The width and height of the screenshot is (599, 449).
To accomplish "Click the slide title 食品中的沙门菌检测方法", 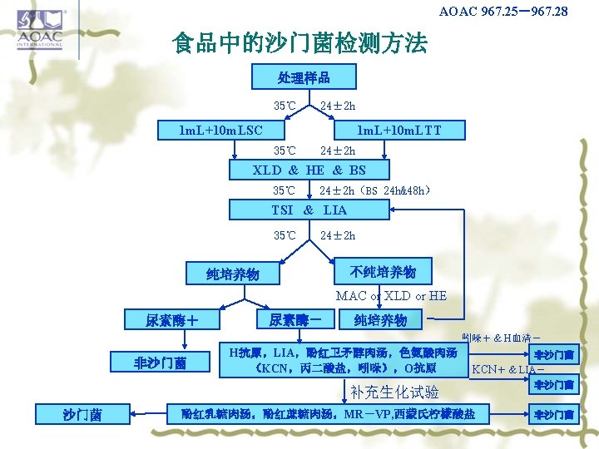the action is click(x=299, y=42).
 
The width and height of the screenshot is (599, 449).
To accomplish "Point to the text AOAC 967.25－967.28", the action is click(x=503, y=12).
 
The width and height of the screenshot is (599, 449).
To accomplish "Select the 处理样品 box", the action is click(x=304, y=78).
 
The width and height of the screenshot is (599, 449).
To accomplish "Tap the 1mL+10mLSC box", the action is click(x=222, y=130).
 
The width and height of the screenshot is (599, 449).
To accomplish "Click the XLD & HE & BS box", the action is click(x=309, y=170).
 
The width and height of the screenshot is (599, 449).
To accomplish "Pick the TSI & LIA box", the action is click(x=309, y=210).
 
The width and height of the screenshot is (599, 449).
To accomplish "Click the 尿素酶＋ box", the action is click(x=171, y=319).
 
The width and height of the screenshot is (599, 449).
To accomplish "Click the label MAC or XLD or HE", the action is click(x=391, y=296).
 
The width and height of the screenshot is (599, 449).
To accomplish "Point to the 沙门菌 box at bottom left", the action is click(x=82, y=414).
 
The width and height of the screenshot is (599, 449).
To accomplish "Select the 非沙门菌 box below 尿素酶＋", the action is click(x=161, y=362).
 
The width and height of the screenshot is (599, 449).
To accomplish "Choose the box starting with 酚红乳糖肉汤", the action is click(x=328, y=413).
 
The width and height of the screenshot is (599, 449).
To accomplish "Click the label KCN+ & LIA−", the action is click(x=508, y=368).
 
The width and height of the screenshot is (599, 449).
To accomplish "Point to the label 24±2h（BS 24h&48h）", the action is click(x=374, y=190).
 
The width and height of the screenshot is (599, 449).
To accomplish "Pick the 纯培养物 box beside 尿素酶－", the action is click(x=380, y=320).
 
